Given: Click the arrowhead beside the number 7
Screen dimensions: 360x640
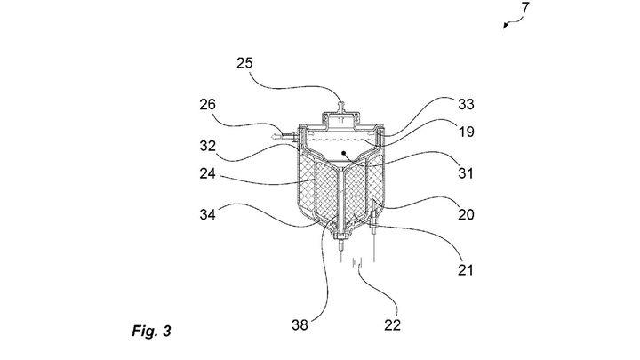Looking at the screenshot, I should coord(505,28).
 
